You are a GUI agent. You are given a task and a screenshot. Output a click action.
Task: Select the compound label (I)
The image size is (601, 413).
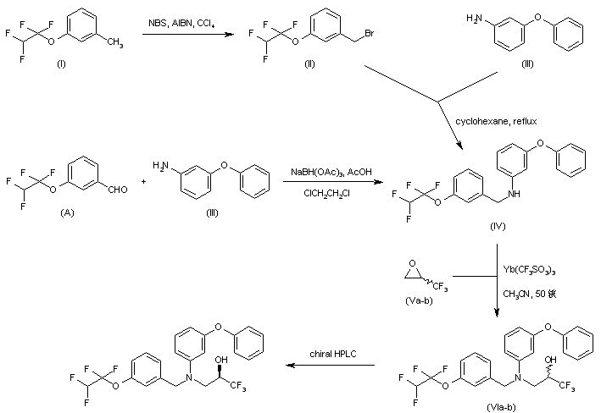click(60, 65)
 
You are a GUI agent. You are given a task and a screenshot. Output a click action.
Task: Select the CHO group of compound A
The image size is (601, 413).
click(118, 190)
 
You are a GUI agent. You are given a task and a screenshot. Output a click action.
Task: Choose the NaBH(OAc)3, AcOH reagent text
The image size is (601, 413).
click(326, 172)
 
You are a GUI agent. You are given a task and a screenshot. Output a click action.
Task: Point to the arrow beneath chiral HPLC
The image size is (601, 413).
click(331, 366)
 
